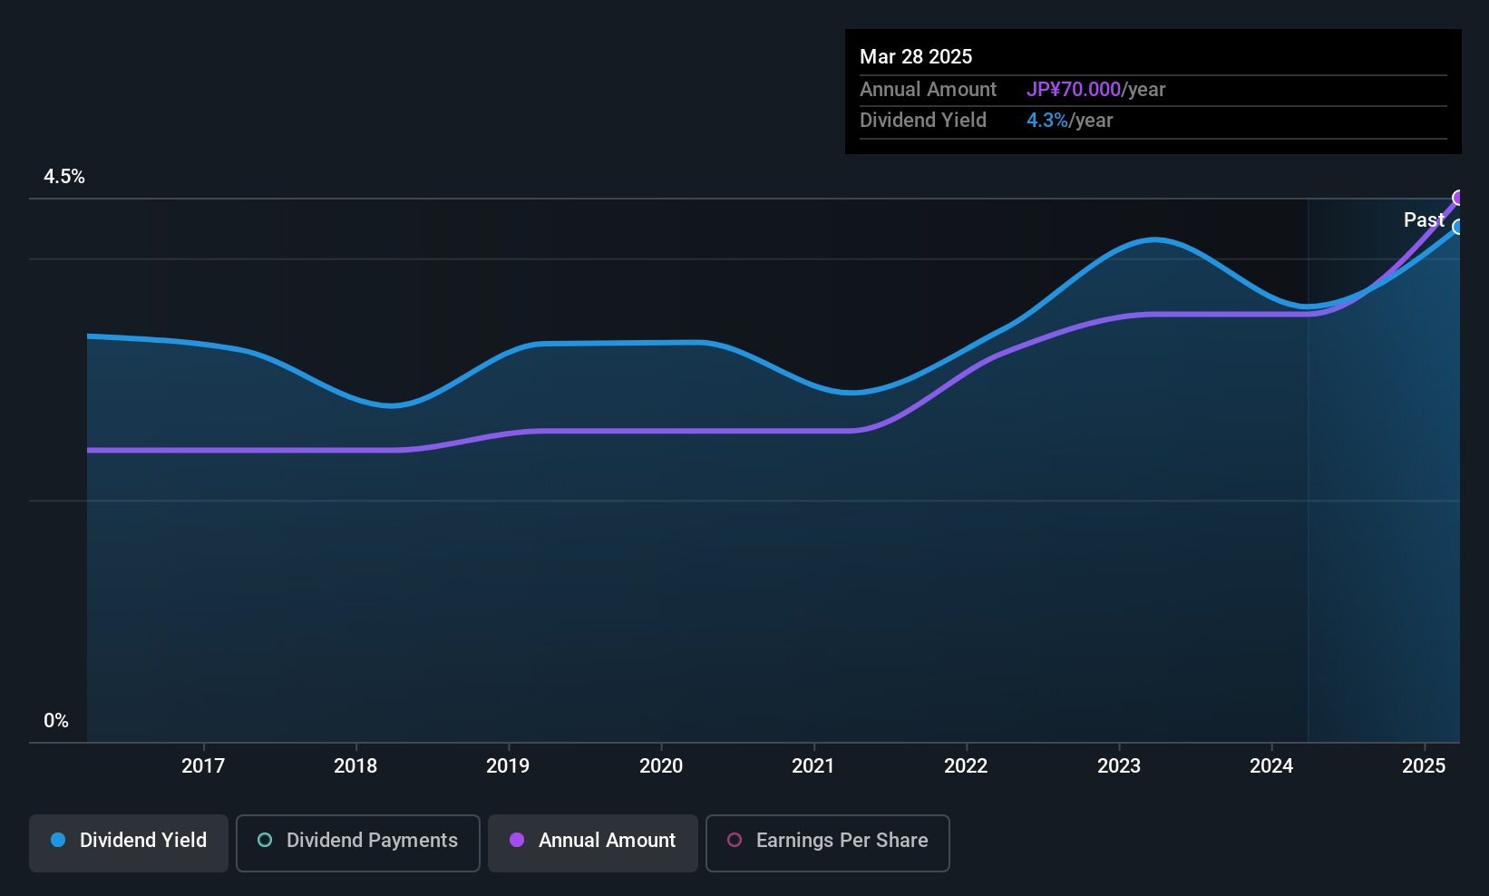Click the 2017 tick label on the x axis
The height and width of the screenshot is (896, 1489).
[202, 765]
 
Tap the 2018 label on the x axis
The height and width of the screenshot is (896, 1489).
[355, 765]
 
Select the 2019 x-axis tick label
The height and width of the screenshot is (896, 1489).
[508, 765]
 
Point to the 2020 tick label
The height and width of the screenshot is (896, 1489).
[661, 765]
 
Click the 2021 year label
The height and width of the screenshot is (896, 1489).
[813, 765]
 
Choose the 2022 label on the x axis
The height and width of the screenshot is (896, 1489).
[966, 765]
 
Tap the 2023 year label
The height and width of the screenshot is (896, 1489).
[1119, 765]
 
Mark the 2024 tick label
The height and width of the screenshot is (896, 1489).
[1271, 765]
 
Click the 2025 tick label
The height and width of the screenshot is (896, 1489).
[1424, 765]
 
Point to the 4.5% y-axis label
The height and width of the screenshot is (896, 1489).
[64, 177]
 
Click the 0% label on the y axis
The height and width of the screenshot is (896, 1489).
[56, 721]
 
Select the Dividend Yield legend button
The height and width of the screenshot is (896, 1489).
[129, 841]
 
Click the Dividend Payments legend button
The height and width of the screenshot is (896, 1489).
[357, 841]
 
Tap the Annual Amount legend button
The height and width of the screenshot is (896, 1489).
[593, 841]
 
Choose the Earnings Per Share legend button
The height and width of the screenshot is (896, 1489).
[827, 841]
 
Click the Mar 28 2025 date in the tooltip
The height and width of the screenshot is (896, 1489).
[916, 56]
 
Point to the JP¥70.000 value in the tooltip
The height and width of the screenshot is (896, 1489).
[1074, 90]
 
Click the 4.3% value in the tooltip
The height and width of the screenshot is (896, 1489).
[1046, 121]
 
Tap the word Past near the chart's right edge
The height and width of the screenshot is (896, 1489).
[1423, 220]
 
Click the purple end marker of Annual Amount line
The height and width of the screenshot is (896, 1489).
[1458, 198]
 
